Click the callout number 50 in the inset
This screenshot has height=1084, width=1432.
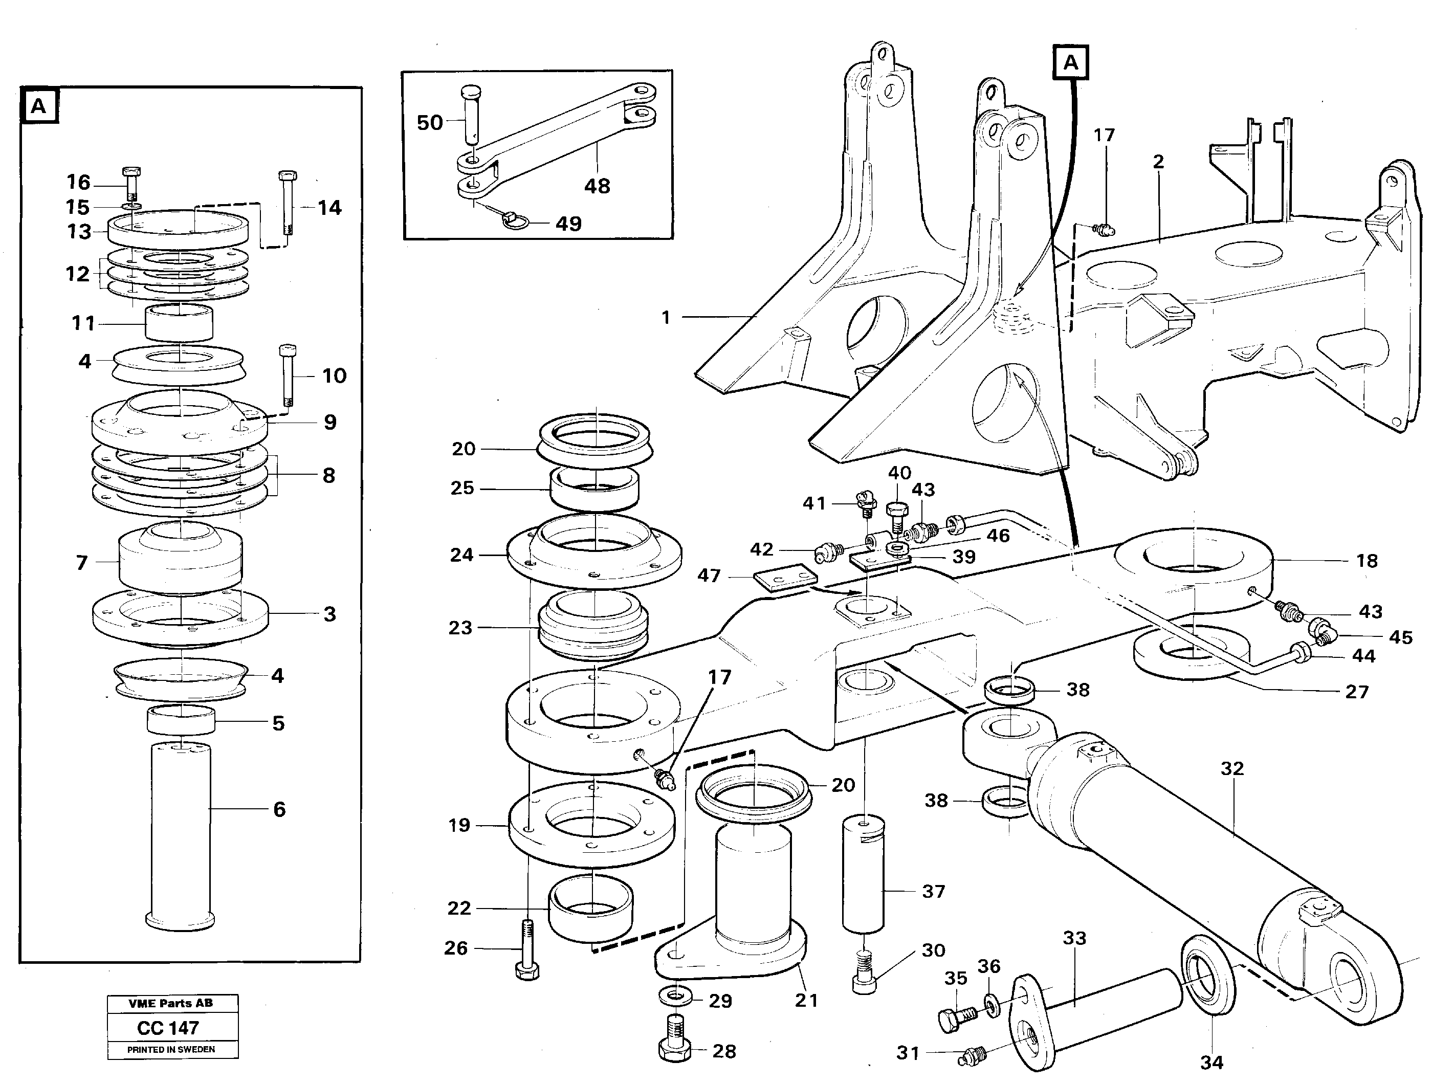point(429,122)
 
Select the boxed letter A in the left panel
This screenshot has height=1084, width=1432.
point(39,105)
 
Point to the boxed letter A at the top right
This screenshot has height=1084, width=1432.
point(1071,63)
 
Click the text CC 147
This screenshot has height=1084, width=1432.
point(168,1028)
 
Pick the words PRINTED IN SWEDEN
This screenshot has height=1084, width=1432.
point(171,1050)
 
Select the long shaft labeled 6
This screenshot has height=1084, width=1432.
point(181,835)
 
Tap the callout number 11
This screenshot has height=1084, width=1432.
point(83,322)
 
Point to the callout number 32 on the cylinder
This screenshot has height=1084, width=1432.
point(1232,768)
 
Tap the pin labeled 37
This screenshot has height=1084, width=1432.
point(863,874)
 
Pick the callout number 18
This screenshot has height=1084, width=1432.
point(1367,561)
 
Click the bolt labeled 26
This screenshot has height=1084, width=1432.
point(527,952)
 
